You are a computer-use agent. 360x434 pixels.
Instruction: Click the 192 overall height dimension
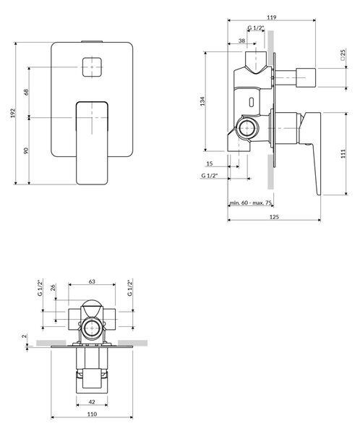coord(13,113)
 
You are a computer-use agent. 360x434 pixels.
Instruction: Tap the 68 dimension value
coord(26,92)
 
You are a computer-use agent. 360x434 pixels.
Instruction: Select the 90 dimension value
coord(26,151)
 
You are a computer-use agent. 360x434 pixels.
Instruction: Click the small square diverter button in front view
coord(92,67)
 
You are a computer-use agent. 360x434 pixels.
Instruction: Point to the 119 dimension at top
coord(272,17)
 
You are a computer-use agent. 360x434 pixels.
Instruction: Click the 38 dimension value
coord(242,41)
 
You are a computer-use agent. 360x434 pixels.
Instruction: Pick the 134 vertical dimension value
coord(202,101)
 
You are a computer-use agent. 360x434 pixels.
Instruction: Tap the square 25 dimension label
coord(343,55)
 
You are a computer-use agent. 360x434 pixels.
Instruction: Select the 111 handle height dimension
coord(343,153)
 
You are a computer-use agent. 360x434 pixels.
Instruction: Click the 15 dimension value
coord(210,163)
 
